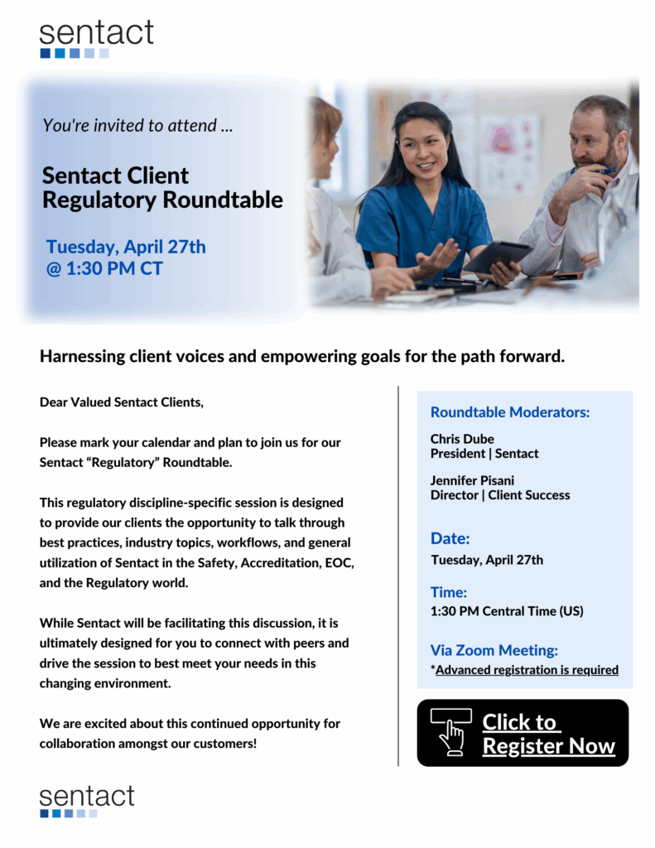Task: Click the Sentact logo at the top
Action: click(96, 38)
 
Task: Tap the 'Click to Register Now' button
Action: click(523, 733)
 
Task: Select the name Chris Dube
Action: click(462, 439)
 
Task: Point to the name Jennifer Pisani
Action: click(472, 480)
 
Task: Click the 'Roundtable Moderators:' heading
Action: click(509, 412)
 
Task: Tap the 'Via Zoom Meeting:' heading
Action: click(494, 650)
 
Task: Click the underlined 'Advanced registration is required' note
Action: click(527, 670)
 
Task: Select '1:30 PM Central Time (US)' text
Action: click(507, 612)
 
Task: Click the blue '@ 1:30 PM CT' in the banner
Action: click(104, 269)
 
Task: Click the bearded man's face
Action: click(595, 136)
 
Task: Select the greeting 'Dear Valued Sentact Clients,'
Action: click(121, 402)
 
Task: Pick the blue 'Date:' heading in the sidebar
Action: click(450, 539)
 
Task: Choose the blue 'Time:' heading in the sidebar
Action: click(449, 592)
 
